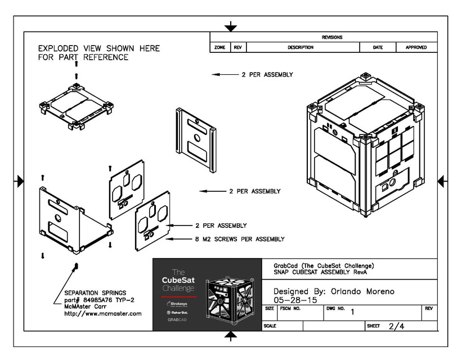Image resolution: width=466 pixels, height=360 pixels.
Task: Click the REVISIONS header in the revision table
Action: pyautogui.click(x=331, y=37)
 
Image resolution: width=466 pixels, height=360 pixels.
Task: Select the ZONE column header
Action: pyautogui.click(x=219, y=48)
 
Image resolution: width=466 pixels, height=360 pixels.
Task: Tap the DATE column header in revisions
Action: pyautogui.click(x=378, y=48)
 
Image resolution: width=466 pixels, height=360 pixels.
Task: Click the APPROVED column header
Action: pyautogui.click(x=416, y=48)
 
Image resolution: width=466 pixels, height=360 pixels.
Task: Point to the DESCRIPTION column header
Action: pyautogui.click(x=301, y=48)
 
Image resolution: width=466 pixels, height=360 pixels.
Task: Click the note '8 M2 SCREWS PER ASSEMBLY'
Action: pyautogui.click(x=239, y=239)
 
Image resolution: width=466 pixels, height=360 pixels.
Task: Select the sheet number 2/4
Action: pyautogui.click(x=396, y=326)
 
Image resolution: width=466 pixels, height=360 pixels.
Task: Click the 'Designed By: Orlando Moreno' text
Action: pyautogui.click(x=334, y=291)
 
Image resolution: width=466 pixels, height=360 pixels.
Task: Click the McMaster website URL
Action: pyautogui.click(x=103, y=314)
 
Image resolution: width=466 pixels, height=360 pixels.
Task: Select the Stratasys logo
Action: pyautogui.click(x=178, y=303)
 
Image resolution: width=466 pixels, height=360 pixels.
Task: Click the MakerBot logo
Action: pyautogui.click(x=178, y=311)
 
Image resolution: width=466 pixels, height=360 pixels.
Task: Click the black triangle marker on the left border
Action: pyautogui.click(x=20, y=181)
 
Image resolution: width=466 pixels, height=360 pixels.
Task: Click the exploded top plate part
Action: pyautogui.click(x=75, y=107)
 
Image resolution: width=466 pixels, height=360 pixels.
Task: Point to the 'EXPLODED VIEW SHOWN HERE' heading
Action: pyautogui.click(x=98, y=48)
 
